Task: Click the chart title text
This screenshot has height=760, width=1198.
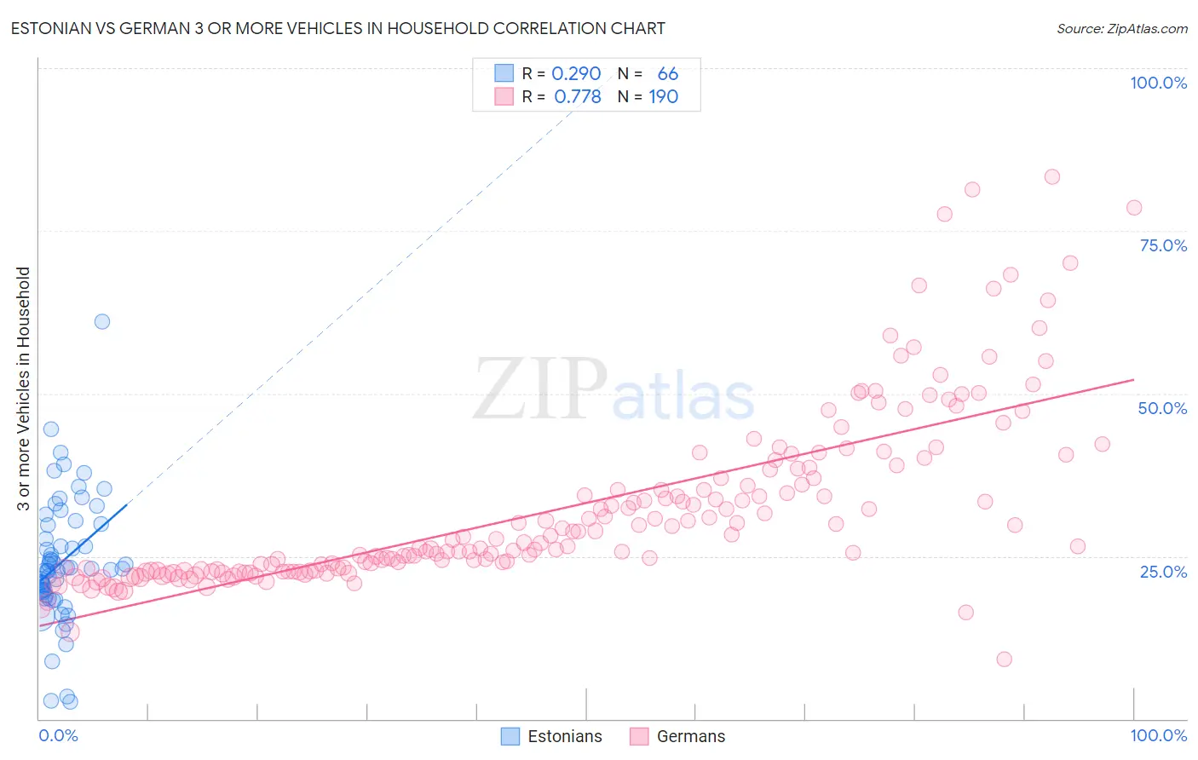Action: click(x=338, y=28)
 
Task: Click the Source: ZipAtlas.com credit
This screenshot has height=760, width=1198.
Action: click(x=1121, y=28)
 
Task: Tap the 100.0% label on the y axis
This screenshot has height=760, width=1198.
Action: click(x=1158, y=83)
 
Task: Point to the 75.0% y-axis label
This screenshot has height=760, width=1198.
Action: click(x=1163, y=245)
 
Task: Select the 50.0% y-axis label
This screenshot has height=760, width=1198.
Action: click(x=1162, y=408)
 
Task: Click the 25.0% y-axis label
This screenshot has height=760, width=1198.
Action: click(x=1163, y=571)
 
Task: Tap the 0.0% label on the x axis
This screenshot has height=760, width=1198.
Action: click(x=58, y=735)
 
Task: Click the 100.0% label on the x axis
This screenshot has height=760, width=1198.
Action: click(x=1158, y=735)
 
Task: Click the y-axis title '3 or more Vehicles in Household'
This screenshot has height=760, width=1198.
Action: click(x=24, y=389)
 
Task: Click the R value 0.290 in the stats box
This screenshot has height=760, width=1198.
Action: click(x=576, y=74)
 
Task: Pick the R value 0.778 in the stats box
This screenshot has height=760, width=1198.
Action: click(x=577, y=97)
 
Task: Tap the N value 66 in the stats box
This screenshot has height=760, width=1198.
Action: click(x=667, y=74)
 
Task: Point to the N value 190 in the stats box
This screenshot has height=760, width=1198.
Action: click(x=663, y=97)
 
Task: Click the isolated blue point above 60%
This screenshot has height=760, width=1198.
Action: click(x=102, y=321)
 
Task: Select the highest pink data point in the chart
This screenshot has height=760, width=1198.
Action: click(x=1052, y=177)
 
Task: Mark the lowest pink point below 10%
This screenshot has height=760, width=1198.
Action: click(x=1005, y=659)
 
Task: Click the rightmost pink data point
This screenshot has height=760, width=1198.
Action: click(x=1134, y=208)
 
